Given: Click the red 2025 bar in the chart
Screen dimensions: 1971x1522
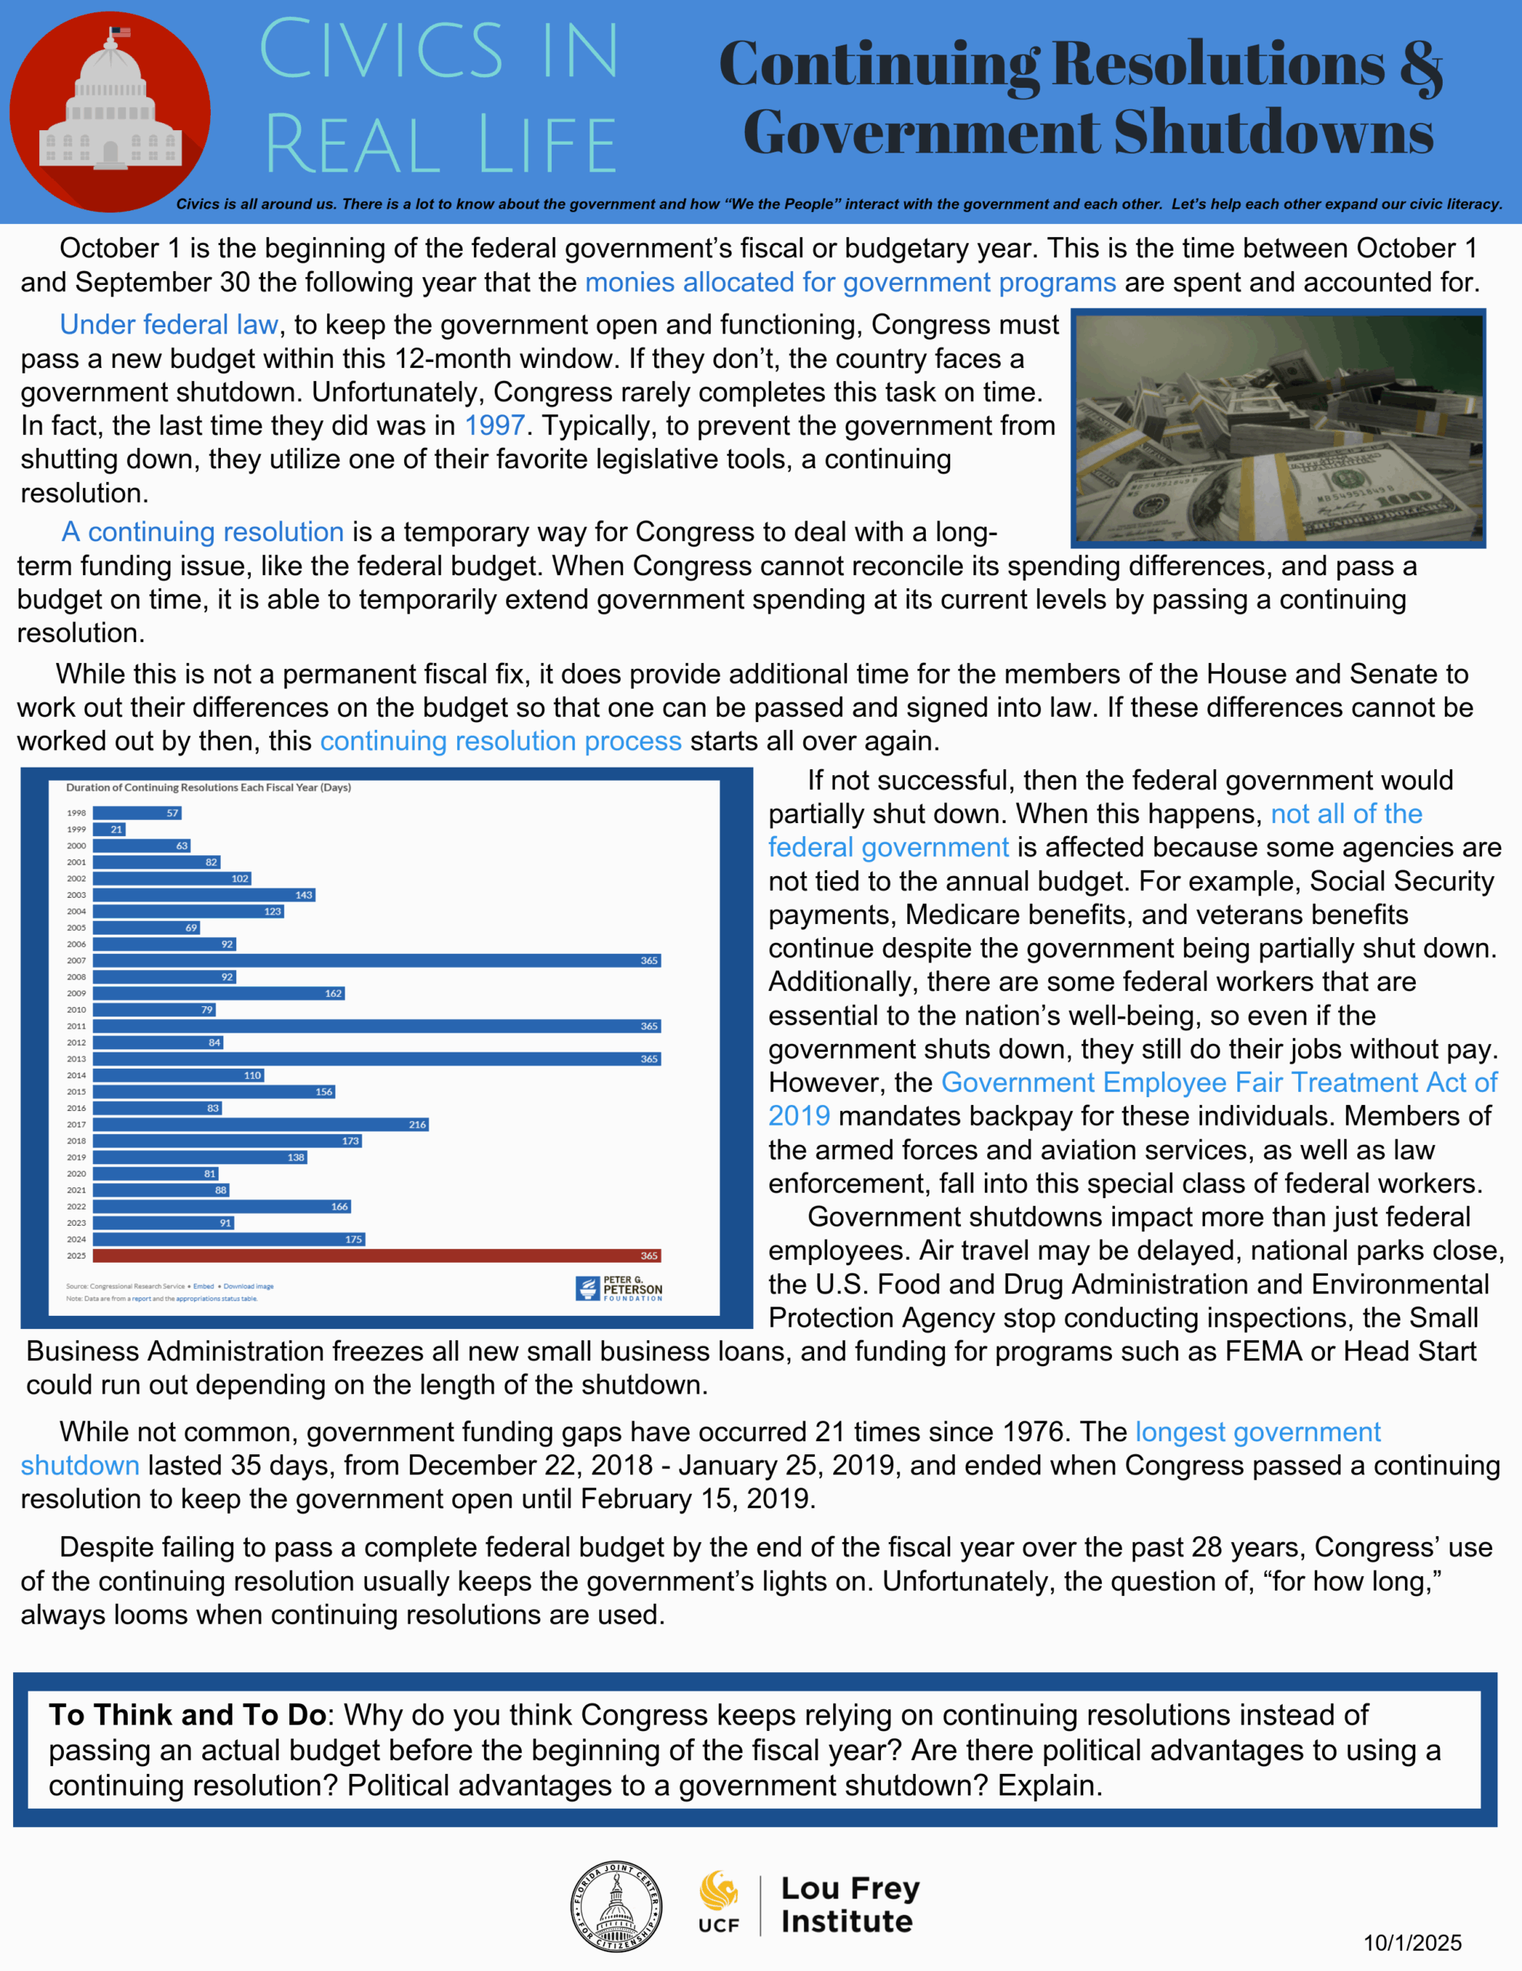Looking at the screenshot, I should [x=376, y=1255].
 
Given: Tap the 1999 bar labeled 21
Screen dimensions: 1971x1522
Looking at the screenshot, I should [x=109, y=829].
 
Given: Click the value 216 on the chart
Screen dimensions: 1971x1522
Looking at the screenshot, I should [x=417, y=1125].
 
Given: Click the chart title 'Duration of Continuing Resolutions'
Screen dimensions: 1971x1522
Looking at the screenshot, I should [x=209, y=787].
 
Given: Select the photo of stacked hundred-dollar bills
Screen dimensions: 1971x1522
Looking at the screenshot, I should [x=1277, y=428].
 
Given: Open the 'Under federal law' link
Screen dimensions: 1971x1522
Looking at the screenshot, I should [x=169, y=325].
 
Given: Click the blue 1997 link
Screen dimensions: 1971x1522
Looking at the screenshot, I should [x=495, y=425].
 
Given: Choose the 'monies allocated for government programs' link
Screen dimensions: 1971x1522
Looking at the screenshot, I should [x=849, y=283].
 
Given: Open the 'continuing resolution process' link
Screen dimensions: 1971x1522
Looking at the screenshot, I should [x=501, y=741].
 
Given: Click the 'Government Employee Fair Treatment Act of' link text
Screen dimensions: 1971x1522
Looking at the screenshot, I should [x=1219, y=1082].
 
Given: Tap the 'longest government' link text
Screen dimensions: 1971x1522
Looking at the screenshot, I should [x=1257, y=1431].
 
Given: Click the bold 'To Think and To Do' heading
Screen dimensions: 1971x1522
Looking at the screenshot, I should [x=188, y=1715].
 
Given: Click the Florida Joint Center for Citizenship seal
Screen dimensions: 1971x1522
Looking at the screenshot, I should [x=616, y=1907].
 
